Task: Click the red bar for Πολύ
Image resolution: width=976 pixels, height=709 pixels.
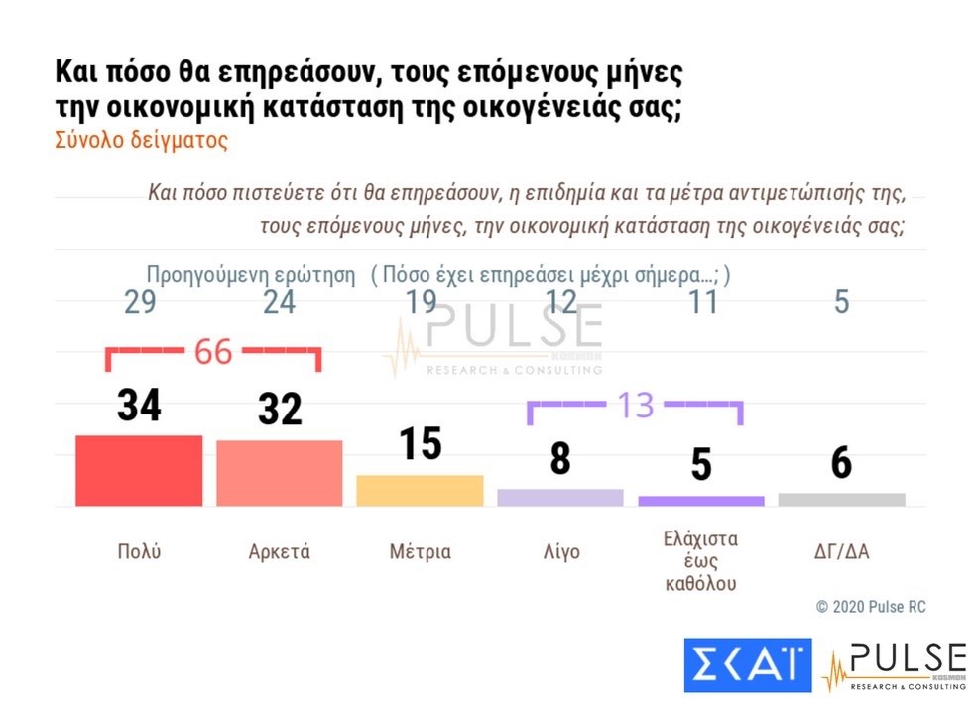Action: [x=139, y=471]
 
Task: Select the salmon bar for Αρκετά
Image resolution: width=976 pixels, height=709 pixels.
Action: [x=280, y=473]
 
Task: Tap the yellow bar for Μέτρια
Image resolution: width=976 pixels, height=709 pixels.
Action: [x=420, y=490]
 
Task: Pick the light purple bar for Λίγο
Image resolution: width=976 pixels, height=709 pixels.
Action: [x=560, y=497]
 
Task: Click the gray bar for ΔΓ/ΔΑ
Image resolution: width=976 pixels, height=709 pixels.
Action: [x=841, y=499]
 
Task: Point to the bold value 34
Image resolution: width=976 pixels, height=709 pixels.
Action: [x=139, y=406]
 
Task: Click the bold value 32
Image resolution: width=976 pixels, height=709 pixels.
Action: [x=280, y=409]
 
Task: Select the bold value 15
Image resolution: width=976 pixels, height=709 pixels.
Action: [x=420, y=443]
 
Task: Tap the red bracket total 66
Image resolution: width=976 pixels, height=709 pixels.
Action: [x=212, y=351]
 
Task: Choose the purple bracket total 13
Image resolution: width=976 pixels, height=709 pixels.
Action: [x=636, y=405]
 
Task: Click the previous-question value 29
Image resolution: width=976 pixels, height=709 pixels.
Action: [x=139, y=301]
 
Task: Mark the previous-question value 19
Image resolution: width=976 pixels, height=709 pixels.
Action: [x=420, y=301]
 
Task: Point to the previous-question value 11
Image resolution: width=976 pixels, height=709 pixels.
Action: [x=702, y=301]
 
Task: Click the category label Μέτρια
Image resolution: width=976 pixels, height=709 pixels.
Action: [x=420, y=552]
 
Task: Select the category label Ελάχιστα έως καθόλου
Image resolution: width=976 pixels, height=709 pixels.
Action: [x=701, y=561]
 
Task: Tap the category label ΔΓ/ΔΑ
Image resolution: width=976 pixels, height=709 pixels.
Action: [x=841, y=552]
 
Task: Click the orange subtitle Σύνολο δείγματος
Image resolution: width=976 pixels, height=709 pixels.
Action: [x=141, y=140]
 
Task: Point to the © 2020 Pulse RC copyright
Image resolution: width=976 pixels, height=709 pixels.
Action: [x=871, y=606]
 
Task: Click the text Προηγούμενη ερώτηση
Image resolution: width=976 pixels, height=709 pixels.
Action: [x=251, y=275]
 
